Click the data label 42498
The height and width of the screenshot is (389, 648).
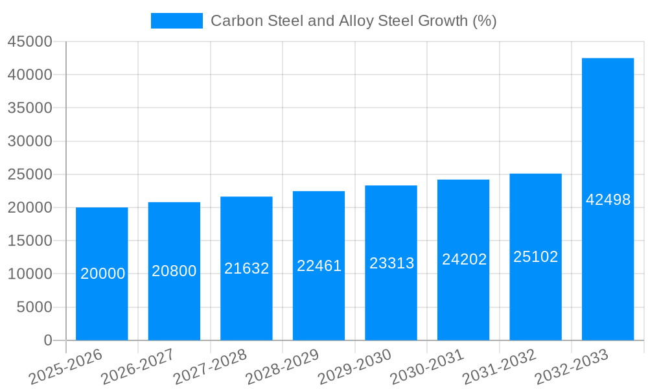click(x=608, y=200)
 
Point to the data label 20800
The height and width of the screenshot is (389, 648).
click(x=174, y=271)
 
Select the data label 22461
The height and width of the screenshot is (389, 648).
click(x=319, y=266)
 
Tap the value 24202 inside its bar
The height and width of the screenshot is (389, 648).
click(x=464, y=259)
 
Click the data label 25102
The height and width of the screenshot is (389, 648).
click(x=535, y=257)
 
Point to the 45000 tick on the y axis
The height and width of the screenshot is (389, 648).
click(x=30, y=42)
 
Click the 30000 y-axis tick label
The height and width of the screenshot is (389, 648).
click(x=30, y=141)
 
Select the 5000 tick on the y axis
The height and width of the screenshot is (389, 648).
click(x=34, y=307)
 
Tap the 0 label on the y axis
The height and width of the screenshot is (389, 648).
click(x=47, y=340)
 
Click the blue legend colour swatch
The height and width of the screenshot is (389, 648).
click(x=176, y=21)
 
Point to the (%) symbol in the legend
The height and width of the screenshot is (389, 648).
click(x=484, y=21)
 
